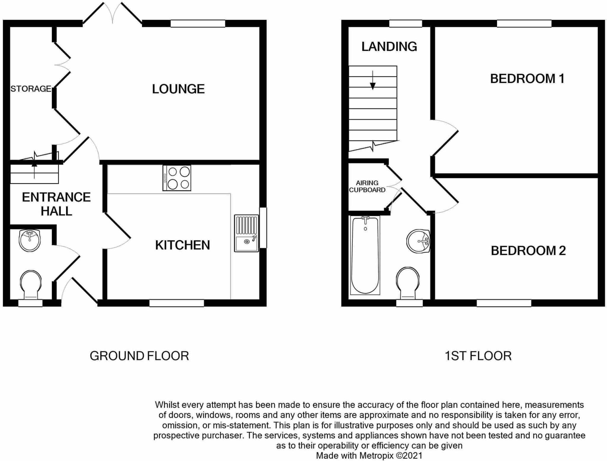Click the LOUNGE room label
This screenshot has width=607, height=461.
point(178,89)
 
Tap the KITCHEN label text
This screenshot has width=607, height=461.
point(182,245)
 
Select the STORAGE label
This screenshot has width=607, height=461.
point(31,89)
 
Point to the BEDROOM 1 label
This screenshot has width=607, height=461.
point(527,79)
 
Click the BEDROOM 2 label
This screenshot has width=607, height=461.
point(528,251)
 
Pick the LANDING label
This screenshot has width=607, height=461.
point(389,47)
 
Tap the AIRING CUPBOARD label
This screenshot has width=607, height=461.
point(367,186)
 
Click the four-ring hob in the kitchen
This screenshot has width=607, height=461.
point(177,178)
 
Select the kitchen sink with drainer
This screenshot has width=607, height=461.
point(246,233)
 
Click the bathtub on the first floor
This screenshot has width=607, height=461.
point(365,255)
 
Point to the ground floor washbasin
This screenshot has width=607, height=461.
point(29,240)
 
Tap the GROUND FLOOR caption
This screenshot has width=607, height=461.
point(139,356)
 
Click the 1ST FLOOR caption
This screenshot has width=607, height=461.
point(478,356)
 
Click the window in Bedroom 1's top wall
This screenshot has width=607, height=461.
point(524,23)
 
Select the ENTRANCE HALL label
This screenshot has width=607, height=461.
point(56,204)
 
